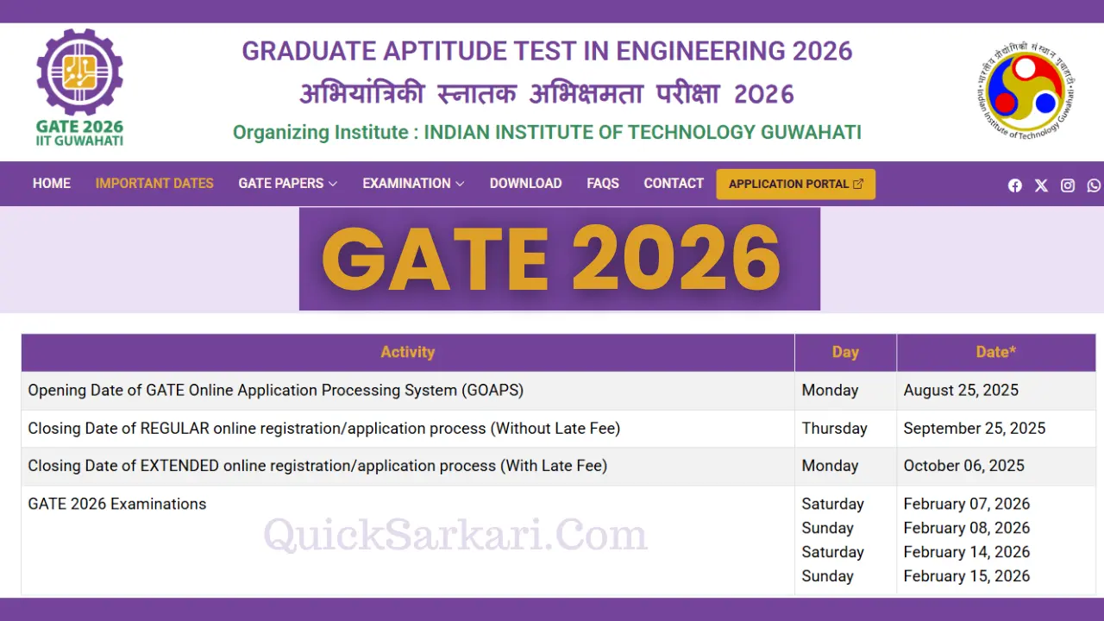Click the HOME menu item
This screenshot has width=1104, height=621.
coord(52,184)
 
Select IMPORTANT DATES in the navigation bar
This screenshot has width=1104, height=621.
coord(154,184)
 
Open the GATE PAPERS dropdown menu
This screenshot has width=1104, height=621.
coord(287,184)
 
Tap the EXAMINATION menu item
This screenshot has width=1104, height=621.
coord(413,184)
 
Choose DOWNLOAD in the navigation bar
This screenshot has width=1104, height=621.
coord(525,184)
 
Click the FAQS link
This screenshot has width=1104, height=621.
coord(603,184)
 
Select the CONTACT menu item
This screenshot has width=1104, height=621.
coord(674,184)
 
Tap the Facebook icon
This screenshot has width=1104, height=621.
coord(1015,185)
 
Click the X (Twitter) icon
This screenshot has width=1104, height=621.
coord(1041,185)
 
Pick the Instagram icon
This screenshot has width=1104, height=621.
coord(1068,185)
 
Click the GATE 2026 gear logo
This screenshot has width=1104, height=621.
coord(79,86)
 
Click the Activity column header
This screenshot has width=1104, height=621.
coord(407,352)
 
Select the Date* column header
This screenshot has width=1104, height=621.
coord(995,352)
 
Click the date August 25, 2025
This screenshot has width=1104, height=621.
coord(961,390)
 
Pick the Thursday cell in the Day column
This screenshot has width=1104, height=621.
coord(834,428)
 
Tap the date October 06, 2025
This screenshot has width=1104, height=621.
coord(963,466)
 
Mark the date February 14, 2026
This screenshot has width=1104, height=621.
coord(966,552)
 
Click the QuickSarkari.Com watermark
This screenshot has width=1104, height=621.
coord(455,535)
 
